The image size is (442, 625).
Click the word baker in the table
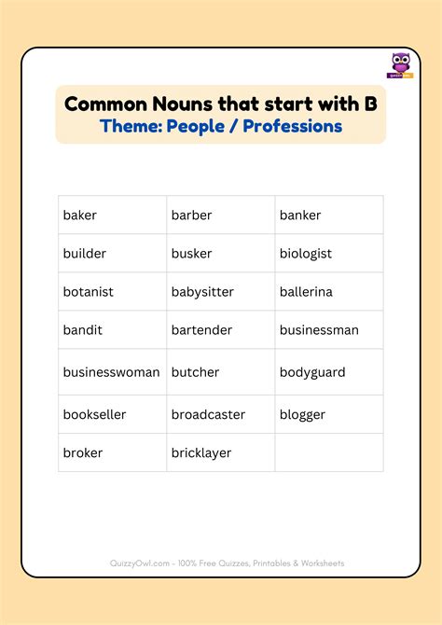(x=80, y=215)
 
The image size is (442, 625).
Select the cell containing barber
(x=191, y=215)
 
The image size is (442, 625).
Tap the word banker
(x=300, y=215)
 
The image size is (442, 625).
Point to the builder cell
(x=85, y=254)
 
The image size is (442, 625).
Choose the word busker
(x=191, y=254)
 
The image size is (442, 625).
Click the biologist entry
(x=306, y=254)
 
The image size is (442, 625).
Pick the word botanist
(x=89, y=292)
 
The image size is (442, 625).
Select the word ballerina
(x=306, y=292)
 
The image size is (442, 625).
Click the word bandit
(x=83, y=330)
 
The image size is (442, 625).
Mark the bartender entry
(x=201, y=330)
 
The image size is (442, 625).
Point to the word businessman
(x=319, y=330)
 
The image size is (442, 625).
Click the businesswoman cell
(x=112, y=372)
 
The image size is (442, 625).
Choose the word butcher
(x=195, y=372)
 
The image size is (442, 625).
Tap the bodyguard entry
(x=312, y=372)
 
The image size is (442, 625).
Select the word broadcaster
(x=208, y=414)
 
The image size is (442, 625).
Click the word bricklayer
(x=201, y=452)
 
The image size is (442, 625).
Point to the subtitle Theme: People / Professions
(x=221, y=126)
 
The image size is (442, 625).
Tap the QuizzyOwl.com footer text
(x=221, y=563)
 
